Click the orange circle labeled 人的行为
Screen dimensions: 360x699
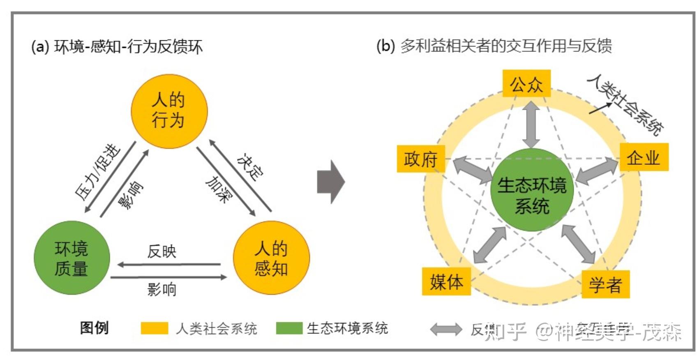[169, 111]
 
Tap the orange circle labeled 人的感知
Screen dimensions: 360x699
[271, 258]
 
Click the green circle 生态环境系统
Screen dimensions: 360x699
[532, 190]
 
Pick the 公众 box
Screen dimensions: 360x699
[526, 84]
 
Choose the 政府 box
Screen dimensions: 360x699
[421, 159]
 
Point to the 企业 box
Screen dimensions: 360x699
[644, 157]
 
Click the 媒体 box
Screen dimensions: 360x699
[446, 282]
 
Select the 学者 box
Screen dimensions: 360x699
[606, 284]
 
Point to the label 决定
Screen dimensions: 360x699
[251, 167]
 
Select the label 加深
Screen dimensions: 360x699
[218, 189]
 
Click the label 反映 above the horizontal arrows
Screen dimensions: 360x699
[162, 251]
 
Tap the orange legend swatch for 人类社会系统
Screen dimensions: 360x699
[155, 328]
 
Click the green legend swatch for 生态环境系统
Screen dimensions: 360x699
[289, 328]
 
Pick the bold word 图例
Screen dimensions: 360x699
[95, 328]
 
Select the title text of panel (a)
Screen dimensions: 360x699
[117, 47]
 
